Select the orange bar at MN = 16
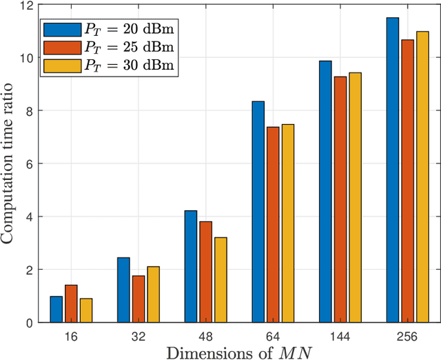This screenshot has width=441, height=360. coord(71,303)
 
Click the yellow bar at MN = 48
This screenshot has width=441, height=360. coord(220,280)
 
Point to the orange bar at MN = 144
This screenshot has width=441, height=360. coord(340,199)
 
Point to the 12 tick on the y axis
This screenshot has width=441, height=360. coord(27,6)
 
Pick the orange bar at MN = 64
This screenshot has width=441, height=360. coord(273,225)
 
